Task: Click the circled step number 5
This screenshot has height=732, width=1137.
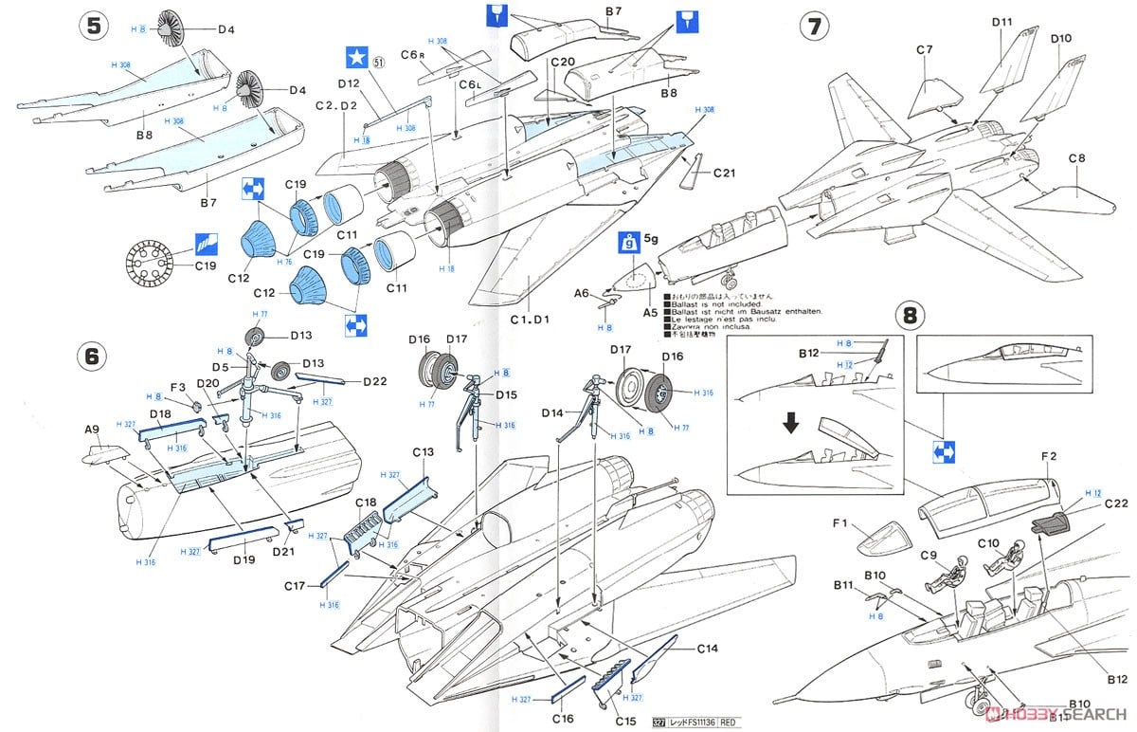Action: click(x=92, y=27)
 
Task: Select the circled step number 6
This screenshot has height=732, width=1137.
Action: click(x=92, y=356)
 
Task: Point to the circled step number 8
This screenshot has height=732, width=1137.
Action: click(x=910, y=314)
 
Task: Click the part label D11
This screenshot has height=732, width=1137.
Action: click(x=1002, y=22)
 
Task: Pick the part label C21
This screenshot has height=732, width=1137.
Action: click(x=725, y=173)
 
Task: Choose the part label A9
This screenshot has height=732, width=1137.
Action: click(x=92, y=430)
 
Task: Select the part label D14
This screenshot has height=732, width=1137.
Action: click(x=554, y=413)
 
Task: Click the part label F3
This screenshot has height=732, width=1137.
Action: click(x=176, y=387)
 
